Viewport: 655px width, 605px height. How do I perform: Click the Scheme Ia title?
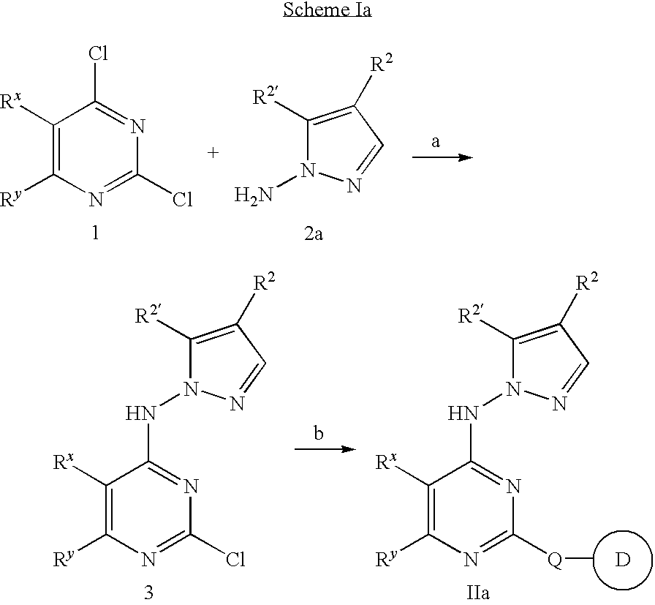point(327,10)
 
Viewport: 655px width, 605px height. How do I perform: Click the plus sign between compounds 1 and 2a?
point(213,153)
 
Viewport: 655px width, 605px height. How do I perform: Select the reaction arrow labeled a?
point(442,157)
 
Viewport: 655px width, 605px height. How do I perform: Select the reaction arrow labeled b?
point(325,449)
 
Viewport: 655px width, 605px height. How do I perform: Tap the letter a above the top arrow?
point(436,142)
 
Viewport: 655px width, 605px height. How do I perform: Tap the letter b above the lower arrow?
point(318,433)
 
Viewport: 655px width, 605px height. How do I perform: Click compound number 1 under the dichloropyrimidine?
point(96,233)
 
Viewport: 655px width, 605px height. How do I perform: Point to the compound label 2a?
point(314,233)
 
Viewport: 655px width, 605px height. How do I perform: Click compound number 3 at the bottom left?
point(148,593)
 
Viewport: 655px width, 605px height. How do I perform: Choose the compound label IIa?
point(477,593)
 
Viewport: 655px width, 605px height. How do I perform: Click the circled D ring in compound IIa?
point(623,560)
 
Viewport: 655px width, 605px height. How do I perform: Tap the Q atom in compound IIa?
point(555,560)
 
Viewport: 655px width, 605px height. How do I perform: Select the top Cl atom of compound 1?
point(98,54)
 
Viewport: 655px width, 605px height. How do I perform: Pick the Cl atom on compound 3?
point(235,560)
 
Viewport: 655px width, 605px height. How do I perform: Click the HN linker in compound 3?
point(141,414)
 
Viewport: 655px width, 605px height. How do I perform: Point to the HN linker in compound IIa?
point(463,414)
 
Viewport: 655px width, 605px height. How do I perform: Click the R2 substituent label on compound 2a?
point(382,64)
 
